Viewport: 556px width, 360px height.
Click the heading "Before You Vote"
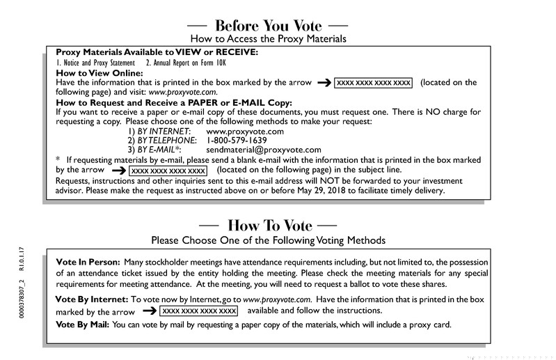pos(268,25)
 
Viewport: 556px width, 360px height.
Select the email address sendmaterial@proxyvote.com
pos(264,150)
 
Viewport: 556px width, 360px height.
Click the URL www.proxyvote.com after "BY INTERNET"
pos(245,131)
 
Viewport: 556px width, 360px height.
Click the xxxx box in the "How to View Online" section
pos(374,83)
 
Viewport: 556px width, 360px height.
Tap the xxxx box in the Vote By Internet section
pos(199,311)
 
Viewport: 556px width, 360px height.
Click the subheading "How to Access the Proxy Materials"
pos(268,39)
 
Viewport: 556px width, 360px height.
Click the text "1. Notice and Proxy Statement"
pos(95,63)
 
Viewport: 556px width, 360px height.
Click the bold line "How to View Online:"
pos(99,72)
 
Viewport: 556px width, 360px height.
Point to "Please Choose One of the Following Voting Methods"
pos(268,240)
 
